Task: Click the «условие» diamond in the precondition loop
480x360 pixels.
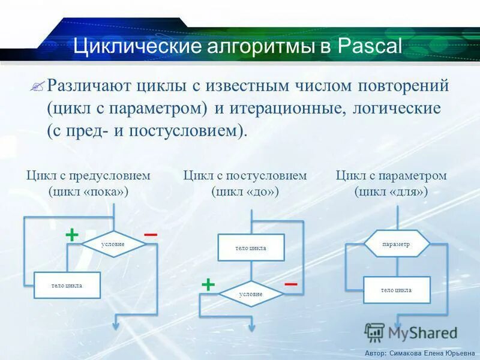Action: click(x=113, y=244)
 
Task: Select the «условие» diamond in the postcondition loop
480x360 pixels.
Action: click(x=250, y=294)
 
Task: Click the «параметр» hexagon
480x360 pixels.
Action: click(x=396, y=244)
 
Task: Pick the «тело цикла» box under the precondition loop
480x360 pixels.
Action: click(x=67, y=285)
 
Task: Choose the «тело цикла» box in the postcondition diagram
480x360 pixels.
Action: click(x=250, y=247)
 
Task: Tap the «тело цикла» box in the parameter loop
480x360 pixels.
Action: click(x=396, y=290)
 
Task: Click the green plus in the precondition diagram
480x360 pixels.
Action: click(x=71, y=234)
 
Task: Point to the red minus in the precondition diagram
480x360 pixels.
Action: click(x=151, y=233)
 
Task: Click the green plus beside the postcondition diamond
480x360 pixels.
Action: click(x=208, y=284)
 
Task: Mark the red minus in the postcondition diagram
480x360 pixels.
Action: click(x=290, y=283)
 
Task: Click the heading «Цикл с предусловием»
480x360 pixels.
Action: click(x=88, y=176)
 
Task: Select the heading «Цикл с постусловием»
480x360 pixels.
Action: click(x=245, y=176)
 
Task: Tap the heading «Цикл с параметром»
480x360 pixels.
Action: click(x=391, y=176)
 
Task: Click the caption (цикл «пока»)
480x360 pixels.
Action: click(x=88, y=192)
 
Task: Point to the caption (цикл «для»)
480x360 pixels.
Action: click(x=391, y=192)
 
